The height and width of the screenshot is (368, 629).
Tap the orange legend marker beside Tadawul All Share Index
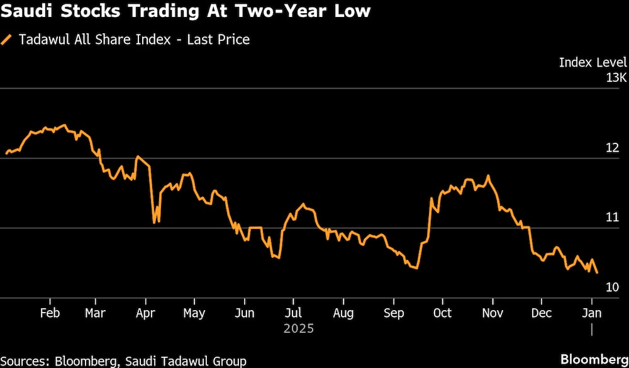pyautogui.click(x=7, y=40)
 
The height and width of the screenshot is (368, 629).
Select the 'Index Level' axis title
pyautogui.click(x=593, y=62)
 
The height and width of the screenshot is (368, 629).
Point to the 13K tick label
pyautogui.click(x=616, y=78)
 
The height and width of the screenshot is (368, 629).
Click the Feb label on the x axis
pyautogui.click(x=50, y=313)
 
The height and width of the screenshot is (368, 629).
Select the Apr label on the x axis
pyautogui.click(x=146, y=313)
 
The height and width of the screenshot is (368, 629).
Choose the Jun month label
pyautogui.click(x=244, y=313)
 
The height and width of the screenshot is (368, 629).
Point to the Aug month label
pyautogui.click(x=343, y=313)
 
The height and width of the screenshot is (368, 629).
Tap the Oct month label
pyautogui.click(x=442, y=313)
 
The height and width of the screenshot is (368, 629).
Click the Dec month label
pyautogui.click(x=542, y=313)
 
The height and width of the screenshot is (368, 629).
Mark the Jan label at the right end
pyautogui.click(x=592, y=313)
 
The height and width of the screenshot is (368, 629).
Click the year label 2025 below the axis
pyautogui.click(x=298, y=329)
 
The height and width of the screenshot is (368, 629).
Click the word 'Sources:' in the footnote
pyautogui.click(x=26, y=361)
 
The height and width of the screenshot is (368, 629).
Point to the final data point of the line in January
pyautogui.click(x=597, y=272)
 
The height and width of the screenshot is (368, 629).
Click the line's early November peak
pyautogui.click(x=488, y=176)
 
